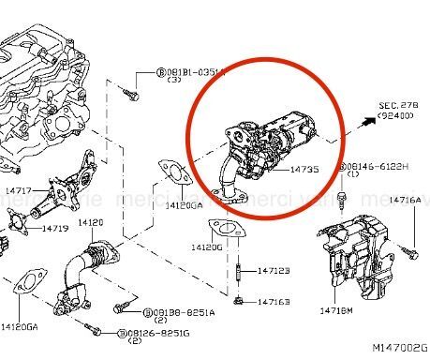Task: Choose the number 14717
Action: click(x=19, y=190)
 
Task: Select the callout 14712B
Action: click(x=274, y=270)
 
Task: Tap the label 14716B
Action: click(x=274, y=301)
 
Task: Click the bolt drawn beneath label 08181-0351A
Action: click(x=133, y=94)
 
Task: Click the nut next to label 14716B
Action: click(x=240, y=301)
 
